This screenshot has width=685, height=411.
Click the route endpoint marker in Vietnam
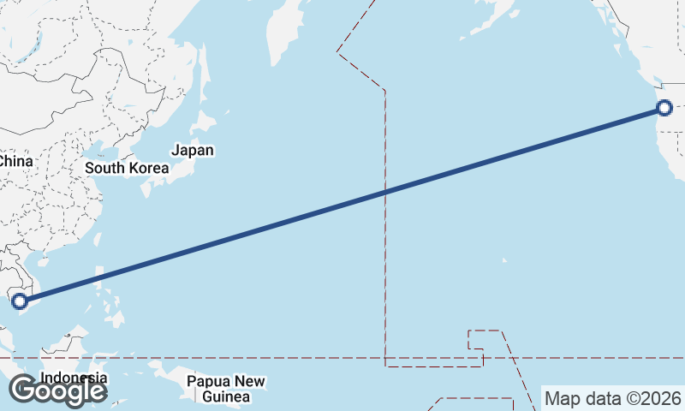click(x=20, y=301)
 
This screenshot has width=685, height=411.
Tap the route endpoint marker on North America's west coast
click(x=664, y=108)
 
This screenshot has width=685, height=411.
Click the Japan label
click(x=192, y=151)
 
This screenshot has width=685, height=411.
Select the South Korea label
click(x=127, y=168)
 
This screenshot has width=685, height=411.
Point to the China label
click(x=15, y=161)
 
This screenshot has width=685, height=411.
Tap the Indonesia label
click(x=74, y=378)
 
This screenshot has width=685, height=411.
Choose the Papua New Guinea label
click(x=226, y=389)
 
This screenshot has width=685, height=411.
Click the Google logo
click(x=57, y=390)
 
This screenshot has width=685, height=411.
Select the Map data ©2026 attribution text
click(x=613, y=398)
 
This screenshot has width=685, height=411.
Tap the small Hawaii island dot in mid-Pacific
click(x=503, y=260)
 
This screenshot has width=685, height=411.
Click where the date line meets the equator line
click(x=385, y=358)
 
